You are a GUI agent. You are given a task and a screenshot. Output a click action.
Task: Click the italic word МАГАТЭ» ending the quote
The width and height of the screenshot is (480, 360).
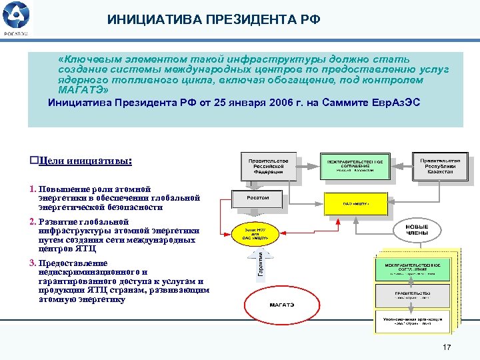coord(82,89)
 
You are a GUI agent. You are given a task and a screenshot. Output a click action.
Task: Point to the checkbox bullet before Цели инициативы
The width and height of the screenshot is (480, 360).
coord(35,161)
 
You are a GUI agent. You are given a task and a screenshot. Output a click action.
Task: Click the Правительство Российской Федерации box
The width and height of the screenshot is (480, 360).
coord(268,166)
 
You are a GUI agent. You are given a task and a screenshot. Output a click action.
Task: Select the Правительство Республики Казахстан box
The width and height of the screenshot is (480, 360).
coord(440,166)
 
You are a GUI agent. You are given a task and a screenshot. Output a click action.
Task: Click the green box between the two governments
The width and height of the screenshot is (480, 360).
coord(354,166)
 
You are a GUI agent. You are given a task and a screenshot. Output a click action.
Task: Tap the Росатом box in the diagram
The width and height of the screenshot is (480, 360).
coord(258,198)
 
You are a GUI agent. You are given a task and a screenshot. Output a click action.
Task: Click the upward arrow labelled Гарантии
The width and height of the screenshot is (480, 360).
coord(261,264)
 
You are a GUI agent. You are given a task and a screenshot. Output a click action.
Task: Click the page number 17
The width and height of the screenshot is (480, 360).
coord(446,347)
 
